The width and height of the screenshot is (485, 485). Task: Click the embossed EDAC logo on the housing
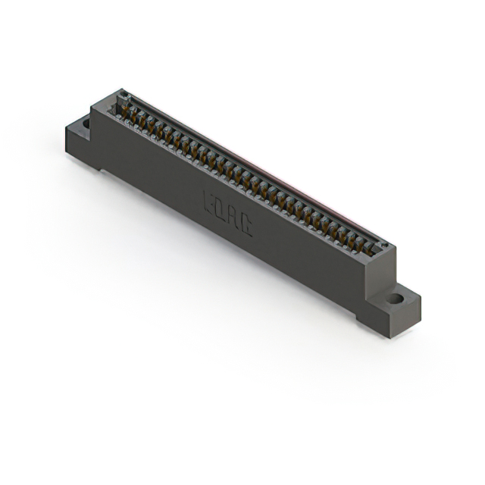point(227,214)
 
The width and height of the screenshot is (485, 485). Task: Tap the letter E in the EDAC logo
point(210,202)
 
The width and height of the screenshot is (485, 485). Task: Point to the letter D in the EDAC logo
point(221,210)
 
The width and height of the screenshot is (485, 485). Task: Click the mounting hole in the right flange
point(396,299)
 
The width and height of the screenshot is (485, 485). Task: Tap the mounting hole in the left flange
point(86,123)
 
